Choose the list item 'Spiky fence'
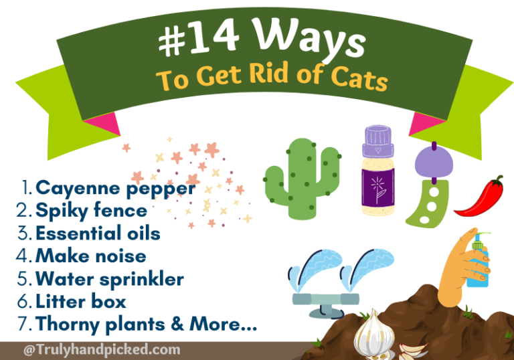(91, 211)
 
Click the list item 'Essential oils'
(98, 234)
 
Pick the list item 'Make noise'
(90, 256)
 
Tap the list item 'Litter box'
(81, 302)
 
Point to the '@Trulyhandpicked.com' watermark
(101, 349)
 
